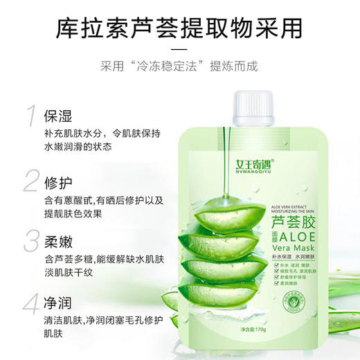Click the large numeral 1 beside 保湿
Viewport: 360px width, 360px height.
point(30,117)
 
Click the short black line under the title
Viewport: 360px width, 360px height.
point(179,49)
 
